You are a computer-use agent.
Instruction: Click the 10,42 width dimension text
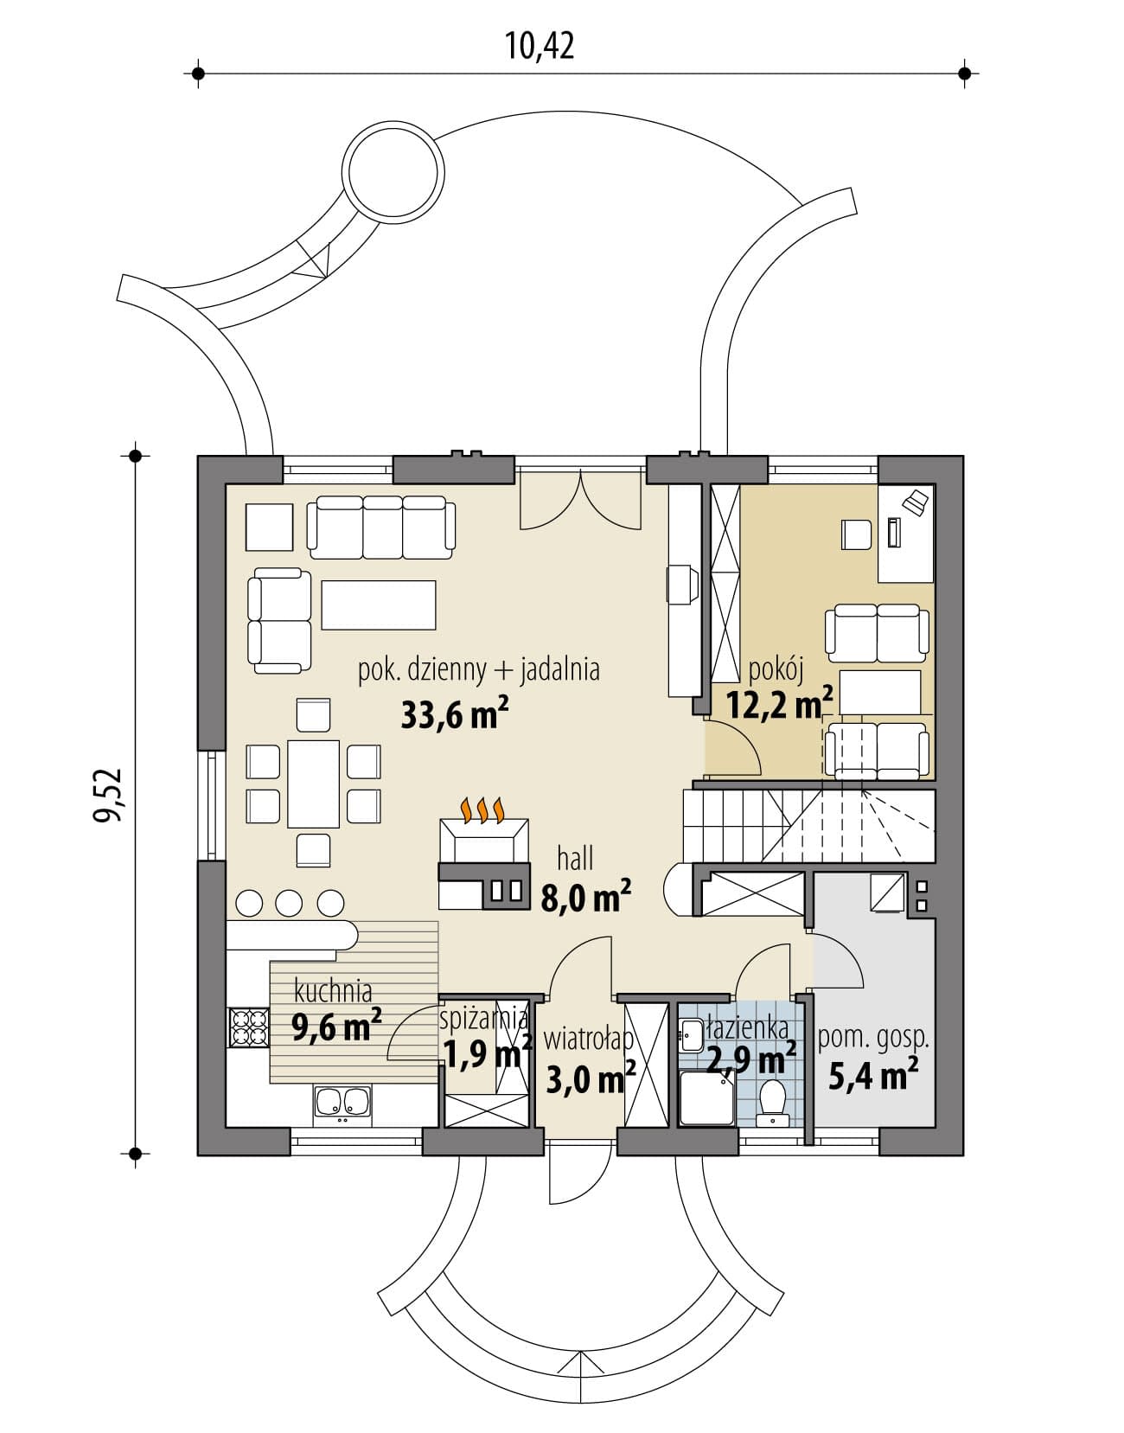540,46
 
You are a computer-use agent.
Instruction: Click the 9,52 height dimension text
107,795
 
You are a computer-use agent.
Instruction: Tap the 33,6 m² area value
455,714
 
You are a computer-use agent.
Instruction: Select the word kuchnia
333,991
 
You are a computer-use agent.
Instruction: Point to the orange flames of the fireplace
484,809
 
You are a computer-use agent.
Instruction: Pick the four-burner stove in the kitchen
248,1027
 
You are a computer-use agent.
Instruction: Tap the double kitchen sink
342,1104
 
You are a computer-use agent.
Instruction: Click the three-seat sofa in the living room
381,528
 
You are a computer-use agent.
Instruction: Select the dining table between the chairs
313,784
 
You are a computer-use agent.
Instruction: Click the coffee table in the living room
379,605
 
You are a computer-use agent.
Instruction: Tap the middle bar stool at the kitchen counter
289,903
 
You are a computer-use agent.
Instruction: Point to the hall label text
575,859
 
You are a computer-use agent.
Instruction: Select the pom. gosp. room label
873,1039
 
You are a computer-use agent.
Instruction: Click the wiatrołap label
589,1040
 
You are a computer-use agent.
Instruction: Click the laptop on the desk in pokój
916,501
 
